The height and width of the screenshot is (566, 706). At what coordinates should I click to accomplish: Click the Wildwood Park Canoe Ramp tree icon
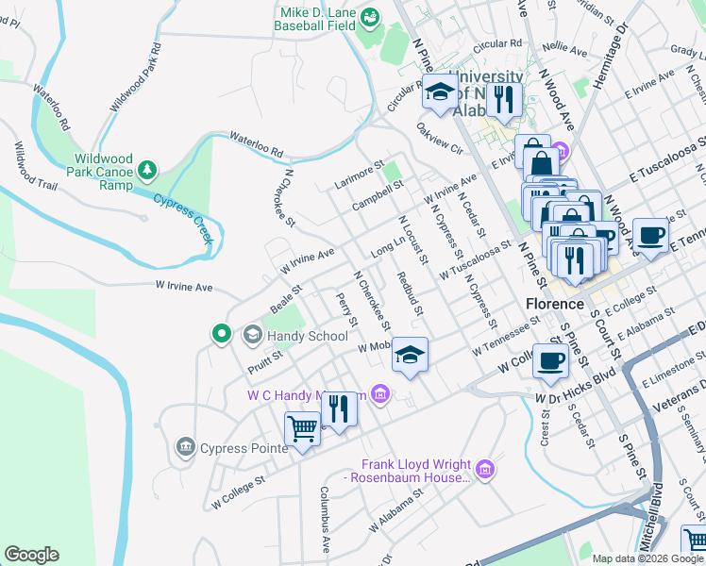[146, 170]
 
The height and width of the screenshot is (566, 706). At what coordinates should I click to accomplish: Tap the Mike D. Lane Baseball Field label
[314, 19]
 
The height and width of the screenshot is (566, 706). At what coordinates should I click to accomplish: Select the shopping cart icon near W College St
[302, 430]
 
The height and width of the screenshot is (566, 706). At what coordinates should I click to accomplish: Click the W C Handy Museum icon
[379, 393]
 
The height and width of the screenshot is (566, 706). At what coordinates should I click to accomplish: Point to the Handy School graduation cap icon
[253, 335]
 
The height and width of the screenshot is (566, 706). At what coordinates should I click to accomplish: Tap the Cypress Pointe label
[243, 448]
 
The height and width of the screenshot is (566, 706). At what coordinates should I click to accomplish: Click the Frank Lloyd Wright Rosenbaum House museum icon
[485, 468]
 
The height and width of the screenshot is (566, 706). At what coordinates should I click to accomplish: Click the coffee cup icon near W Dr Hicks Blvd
[551, 358]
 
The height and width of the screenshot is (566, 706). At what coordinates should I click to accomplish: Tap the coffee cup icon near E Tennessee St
[649, 235]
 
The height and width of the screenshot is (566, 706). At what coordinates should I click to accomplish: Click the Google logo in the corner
[31, 555]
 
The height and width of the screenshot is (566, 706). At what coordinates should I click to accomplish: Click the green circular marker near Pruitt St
[222, 333]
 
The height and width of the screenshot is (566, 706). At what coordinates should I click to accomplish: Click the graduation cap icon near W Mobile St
[410, 355]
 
